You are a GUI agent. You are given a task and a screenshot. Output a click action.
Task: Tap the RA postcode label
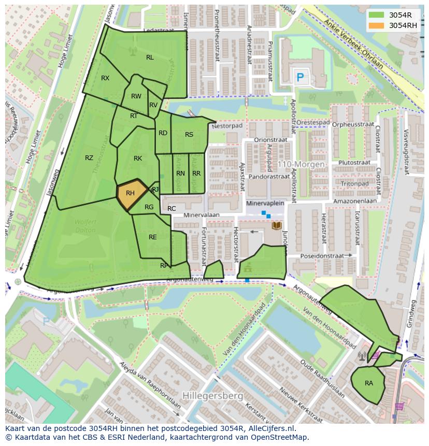(369, 383)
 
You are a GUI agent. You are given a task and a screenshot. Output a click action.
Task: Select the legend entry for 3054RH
(403, 25)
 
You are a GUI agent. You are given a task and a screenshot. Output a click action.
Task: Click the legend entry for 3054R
(400, 15)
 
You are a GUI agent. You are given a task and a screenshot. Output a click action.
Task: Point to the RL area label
(150, 57)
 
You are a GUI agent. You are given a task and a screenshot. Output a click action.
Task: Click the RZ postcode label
(89, 158)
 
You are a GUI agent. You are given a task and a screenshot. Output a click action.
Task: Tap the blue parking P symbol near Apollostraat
(299, 78)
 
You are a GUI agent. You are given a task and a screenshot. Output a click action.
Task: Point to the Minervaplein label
(265, 204)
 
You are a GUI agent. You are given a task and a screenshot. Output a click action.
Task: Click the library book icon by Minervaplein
(277, 226)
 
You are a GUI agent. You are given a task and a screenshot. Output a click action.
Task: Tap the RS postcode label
(189, 135)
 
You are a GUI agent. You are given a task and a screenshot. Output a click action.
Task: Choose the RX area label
(105, 78)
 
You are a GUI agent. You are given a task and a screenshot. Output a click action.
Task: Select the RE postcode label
(153, 237)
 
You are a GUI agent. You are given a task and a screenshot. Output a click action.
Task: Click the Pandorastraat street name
(269, 177)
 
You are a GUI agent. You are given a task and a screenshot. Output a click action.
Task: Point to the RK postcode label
(138, 159)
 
